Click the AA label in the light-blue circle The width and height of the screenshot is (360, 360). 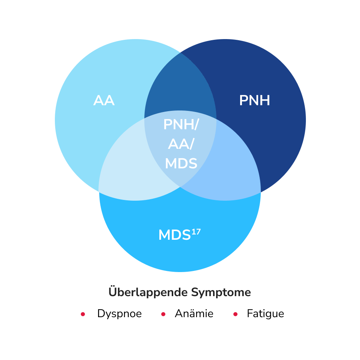point(104,101)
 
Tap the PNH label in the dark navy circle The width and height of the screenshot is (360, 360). point(254,101)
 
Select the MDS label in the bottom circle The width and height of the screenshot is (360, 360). point(174,235)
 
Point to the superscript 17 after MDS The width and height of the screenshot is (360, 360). point(196,231)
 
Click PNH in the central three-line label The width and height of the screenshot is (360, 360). point(178,125)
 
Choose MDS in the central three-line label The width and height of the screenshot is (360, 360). point(181,163)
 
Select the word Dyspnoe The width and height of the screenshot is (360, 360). point(119,314)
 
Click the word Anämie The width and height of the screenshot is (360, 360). point(194,314)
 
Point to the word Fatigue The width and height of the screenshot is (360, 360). point(265,314)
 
